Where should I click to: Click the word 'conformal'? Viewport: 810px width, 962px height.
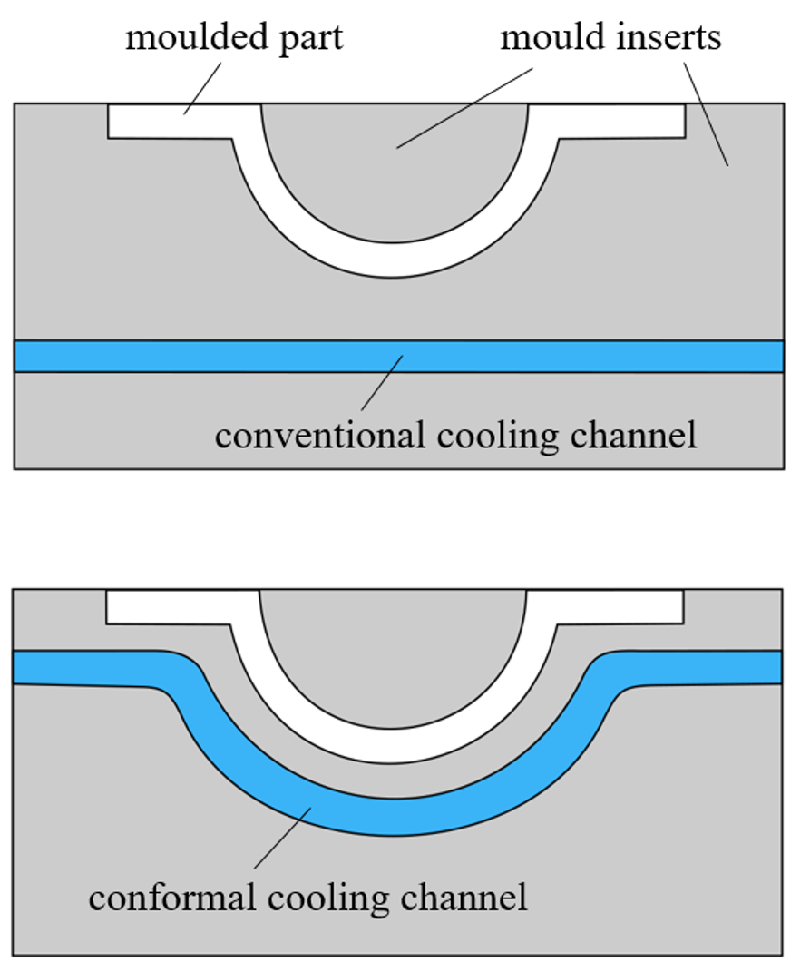(168, 898)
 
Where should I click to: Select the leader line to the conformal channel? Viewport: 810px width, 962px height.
(281, 839)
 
